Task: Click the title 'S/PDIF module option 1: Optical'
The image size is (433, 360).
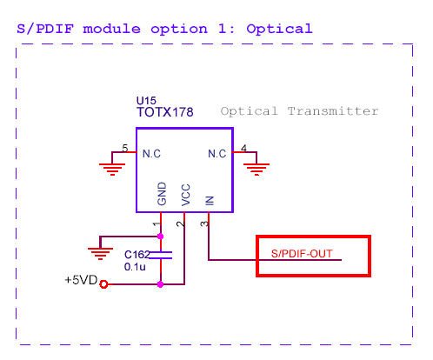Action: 164,28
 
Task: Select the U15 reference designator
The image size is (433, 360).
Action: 146,101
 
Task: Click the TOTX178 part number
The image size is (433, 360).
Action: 164,112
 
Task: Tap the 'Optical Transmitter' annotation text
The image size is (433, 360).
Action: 299,111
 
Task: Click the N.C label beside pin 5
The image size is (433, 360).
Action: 151,154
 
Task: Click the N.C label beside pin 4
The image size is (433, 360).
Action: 216,154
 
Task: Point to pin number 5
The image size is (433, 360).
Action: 125,149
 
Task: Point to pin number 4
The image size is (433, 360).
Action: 243,149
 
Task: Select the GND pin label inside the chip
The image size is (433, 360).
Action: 161,194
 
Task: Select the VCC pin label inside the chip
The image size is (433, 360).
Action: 184,195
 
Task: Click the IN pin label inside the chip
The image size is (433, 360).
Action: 208,200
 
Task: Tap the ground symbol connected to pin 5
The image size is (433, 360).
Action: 110,167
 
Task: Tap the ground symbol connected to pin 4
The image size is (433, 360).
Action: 254,167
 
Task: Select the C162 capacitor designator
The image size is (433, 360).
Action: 137,254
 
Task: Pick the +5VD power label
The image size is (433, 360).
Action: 81,282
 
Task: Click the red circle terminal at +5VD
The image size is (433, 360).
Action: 104,283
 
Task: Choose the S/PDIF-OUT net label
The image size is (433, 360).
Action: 301,255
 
